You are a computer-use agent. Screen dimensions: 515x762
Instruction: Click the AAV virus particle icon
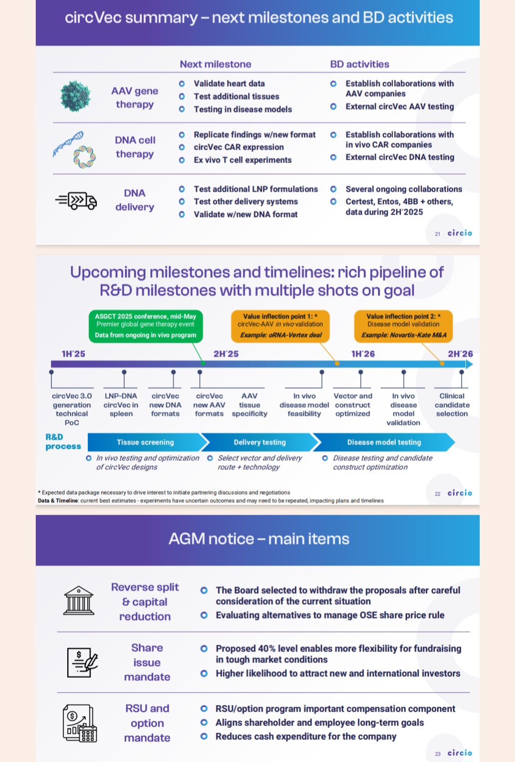coord(75,96)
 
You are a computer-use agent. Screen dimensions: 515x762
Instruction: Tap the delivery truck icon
coord(76,201)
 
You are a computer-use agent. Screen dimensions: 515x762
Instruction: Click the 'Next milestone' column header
coord(216,64)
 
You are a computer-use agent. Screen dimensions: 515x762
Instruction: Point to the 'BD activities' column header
coord(360,64)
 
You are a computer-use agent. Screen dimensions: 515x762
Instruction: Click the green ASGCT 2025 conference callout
coord(146,326)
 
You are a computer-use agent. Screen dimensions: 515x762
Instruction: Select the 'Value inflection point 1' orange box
coord(280,326)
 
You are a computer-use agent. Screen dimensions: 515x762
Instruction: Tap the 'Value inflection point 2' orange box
coord(403,326)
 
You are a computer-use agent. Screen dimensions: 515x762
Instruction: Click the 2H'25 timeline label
coord(226,354)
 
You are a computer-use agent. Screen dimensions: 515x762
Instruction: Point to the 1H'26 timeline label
coord(363,354)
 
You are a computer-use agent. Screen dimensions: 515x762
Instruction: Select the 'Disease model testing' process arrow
coord(384,442)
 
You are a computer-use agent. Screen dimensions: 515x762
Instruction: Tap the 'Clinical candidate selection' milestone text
coord(452,405)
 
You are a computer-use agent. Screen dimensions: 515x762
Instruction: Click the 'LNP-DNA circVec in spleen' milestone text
coord(121,405)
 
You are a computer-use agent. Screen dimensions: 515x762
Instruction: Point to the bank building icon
coord(79,600)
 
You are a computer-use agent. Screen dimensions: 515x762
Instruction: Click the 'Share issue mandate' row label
coord(147,662)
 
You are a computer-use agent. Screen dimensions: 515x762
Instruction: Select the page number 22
coord(437,494)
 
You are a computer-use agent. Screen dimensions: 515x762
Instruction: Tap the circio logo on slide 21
coord(460,233)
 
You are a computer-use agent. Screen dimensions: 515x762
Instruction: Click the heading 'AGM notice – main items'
coord(259,539)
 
